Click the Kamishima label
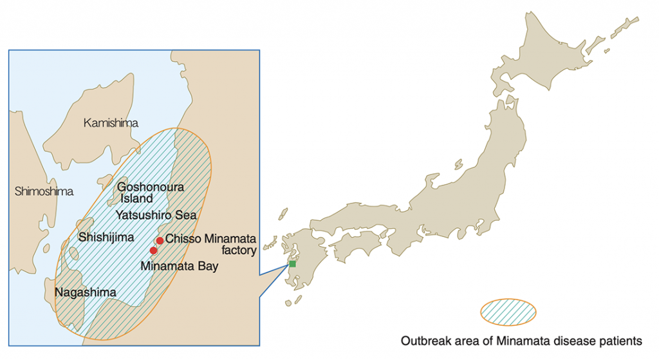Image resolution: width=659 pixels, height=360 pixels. pos(111,123)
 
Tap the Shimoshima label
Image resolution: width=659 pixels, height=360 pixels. pos(44,191)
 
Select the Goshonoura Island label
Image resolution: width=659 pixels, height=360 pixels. pos(151,187)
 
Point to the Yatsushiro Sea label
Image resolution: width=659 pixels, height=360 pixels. pos(156,214)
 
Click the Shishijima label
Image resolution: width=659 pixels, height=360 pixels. pos(105,237)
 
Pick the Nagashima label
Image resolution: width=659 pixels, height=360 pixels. pos(86,292)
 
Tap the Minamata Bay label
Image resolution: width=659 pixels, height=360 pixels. pos(180,265)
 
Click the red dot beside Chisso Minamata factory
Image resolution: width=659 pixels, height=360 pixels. pos(160,240)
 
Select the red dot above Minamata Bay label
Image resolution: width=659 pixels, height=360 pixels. pos(153,251)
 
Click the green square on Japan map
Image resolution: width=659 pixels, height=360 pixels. pos(292,264)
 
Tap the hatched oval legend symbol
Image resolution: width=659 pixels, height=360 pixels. pos(508,312)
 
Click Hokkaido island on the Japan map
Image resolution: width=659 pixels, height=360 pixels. pos(553,58)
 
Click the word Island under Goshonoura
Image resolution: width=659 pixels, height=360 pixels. pos(136,199)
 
